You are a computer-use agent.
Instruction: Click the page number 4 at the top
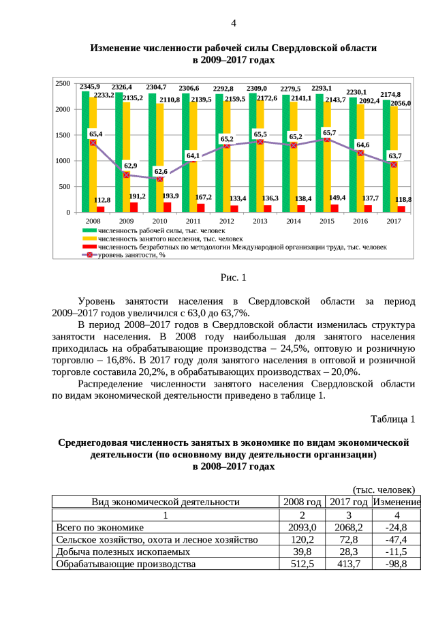coord(234,23)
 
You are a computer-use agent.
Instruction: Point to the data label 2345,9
coord(89,87)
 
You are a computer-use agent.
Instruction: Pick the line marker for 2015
coord(327,138)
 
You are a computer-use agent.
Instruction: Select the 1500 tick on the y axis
coord(63,135)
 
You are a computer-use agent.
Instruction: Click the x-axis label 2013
coord(260,222)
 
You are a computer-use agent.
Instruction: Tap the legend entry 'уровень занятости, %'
coord(132,256)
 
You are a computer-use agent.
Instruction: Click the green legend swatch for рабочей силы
coord(88,231)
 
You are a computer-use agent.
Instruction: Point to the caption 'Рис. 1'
coord(234,277)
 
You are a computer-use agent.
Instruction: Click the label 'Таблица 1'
coord(392,418)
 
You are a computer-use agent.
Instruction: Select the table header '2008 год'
coord(302,502)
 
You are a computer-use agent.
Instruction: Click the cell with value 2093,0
coord(302,527)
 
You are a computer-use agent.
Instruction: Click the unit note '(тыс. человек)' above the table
coord(384,490)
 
